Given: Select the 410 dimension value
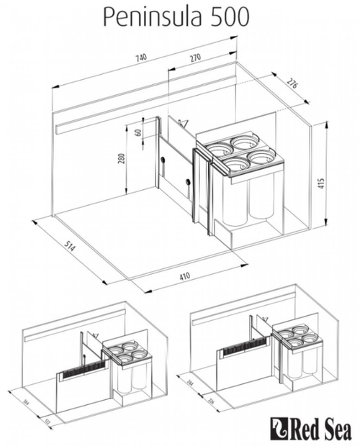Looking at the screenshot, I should (x=185, y=276).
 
